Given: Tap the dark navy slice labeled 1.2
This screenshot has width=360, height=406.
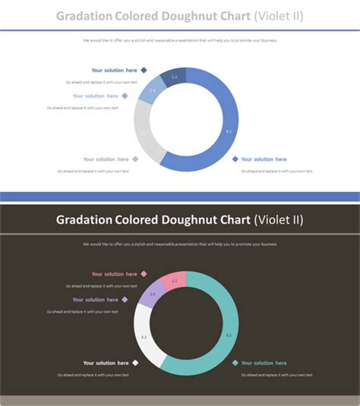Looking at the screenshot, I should coord(174,77).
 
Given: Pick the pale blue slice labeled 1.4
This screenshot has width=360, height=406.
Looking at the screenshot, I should coord(152,90).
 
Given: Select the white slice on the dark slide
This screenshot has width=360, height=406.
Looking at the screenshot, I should coord(144,337).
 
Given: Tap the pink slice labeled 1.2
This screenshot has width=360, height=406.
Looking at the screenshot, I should coord(174,281).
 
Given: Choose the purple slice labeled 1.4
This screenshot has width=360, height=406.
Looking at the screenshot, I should coord(152,294).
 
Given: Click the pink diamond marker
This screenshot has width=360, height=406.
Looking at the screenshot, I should coord(144,274).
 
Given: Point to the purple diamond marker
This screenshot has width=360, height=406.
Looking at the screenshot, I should coord(125,300).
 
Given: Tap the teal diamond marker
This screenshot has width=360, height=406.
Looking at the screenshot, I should coord(235,363).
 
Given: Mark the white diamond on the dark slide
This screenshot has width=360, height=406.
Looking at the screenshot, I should coord(135,363).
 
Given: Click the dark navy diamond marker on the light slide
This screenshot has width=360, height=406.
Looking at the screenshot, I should coord(144,71).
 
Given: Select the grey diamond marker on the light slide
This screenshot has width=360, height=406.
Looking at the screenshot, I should coord(135,159).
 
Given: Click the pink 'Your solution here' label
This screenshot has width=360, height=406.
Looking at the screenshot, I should coord(114,274).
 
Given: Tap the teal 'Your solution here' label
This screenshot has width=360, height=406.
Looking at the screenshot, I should coord(264,363).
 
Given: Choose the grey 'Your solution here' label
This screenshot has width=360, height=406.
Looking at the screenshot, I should coord(106,159).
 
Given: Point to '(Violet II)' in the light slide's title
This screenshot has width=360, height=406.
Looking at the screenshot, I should coord(279,16).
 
